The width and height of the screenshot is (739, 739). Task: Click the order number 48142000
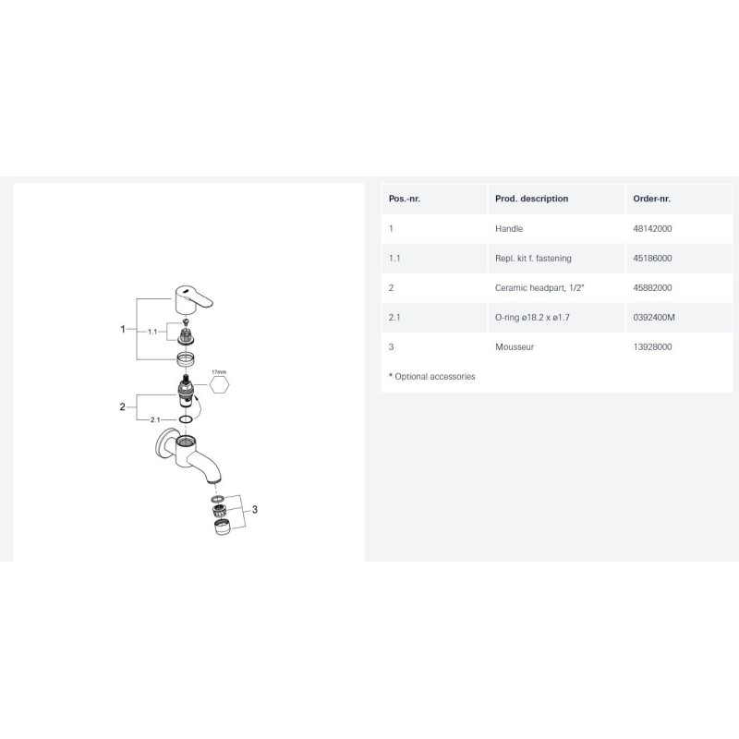coord(652,228)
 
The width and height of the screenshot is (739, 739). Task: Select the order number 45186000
coord(652,259)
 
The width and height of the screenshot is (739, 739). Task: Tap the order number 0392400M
coord(654,317)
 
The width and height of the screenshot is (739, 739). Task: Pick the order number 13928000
coord(652,347)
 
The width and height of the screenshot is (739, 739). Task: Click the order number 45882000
coord(652,288)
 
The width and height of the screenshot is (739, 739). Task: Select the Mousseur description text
coord(515,347)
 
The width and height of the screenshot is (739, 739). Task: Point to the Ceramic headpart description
coord(539,288)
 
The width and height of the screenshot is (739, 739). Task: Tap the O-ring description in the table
coord(532,317)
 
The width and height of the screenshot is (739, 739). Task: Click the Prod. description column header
coord(531,199)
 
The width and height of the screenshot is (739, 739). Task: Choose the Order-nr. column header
coord(651,199)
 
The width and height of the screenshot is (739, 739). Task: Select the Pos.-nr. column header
coord(404,199)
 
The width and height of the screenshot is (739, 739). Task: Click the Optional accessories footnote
coord(431,377)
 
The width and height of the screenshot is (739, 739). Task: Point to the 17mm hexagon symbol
coord(219,384)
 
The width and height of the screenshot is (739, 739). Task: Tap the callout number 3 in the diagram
coord(255,510)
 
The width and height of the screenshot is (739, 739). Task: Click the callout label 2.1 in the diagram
coord(155,419)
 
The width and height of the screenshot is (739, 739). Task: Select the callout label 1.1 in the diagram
coord(152,332)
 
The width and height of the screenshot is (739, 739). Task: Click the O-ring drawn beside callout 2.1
coord(186,419)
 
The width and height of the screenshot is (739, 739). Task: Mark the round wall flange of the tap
coord(164,444)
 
